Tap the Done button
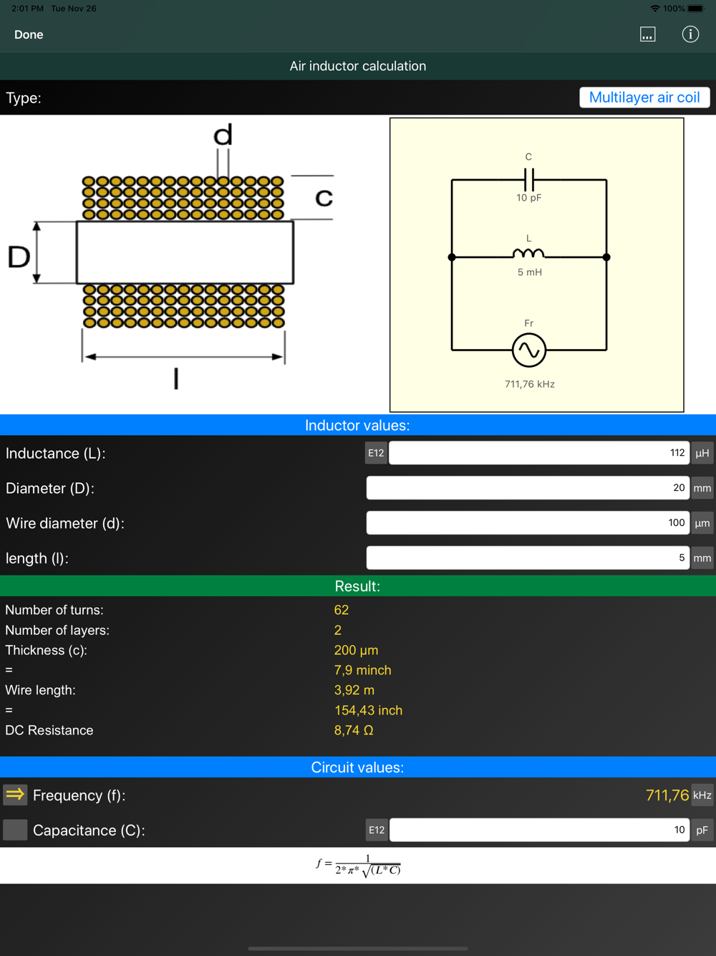pyautogui.click(x=29, y=34)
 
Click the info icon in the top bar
pyautogui.click(x=690, y=34)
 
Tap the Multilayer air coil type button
pyautogui.click(x=644, y=97)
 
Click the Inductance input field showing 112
pyautogui.click(x=538, y=453)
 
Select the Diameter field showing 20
pyautogui.click(x=528, y=488)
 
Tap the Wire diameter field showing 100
pyautogui.click(x=528, y=523)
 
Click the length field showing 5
pyautogui.click(x=528, y=558)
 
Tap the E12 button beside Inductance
pyautogui.click(x=376, y=453)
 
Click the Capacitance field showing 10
pyautogui.click(x=539, y=830)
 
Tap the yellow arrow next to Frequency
pyautogui.click(x=15, y=795)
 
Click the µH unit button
pyautogui.click(x=702, y=453)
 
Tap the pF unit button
pyautogui.click(x=702, y=830)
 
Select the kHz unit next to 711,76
pyautogui.click(x=702, y=795)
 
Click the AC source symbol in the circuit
pyautogui.click(x=529, y=350)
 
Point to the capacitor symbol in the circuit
pyautogui.click(x=529, y=179)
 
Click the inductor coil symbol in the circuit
pyautogui.click(x=528, y=254)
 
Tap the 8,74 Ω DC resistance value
pyautogui.click(x=354, y=730)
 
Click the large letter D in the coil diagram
pyautogui.click(x=19, y=257)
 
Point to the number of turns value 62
pyautogui.click(x=342, y=610)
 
